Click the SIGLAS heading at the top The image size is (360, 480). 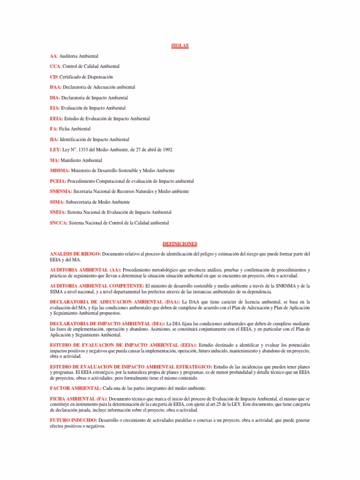180,45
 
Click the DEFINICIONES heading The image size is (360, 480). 180,244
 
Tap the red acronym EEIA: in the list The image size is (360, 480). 56,119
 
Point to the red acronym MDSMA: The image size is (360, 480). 60,171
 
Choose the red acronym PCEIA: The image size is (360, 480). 58,181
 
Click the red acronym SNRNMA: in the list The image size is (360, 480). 60,191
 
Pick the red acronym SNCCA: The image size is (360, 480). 59,223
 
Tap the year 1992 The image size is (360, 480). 167,150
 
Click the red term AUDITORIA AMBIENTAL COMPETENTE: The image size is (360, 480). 97,285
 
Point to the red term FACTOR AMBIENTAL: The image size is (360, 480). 75,388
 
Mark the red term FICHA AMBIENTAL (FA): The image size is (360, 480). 79,398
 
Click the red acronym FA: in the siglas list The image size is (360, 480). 53,129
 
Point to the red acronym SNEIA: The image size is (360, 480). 58,212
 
